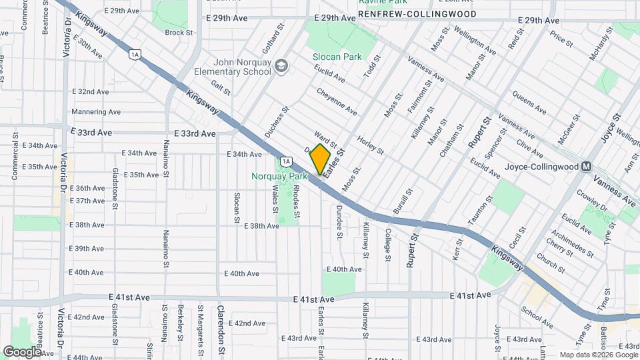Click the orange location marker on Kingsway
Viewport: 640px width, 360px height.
(x=320, y=159)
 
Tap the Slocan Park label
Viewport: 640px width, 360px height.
(x=337, y=57)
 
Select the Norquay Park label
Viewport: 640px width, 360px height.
(x=279, y=177)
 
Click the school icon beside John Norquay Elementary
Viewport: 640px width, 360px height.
(x=282, y=65)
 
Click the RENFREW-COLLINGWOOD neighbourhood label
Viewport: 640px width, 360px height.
(x=427, y=14)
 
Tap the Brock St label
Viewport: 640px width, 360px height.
(x=178, y=32)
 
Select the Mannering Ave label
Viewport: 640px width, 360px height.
(x=96, y=112)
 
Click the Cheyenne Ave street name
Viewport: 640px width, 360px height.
(x=337, y=101)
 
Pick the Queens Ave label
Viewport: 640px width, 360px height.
(x=530, y=103)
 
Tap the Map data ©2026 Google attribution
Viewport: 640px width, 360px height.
(x=598, y=355)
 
